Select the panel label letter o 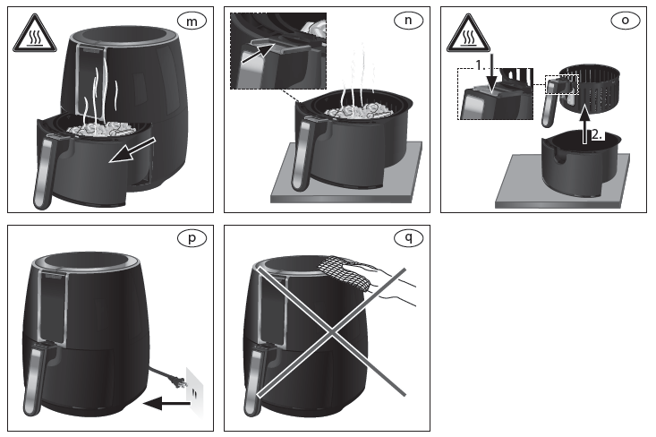click(625, 21)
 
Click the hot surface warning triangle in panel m click(32, 36)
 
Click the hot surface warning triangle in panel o click(467, 36)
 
